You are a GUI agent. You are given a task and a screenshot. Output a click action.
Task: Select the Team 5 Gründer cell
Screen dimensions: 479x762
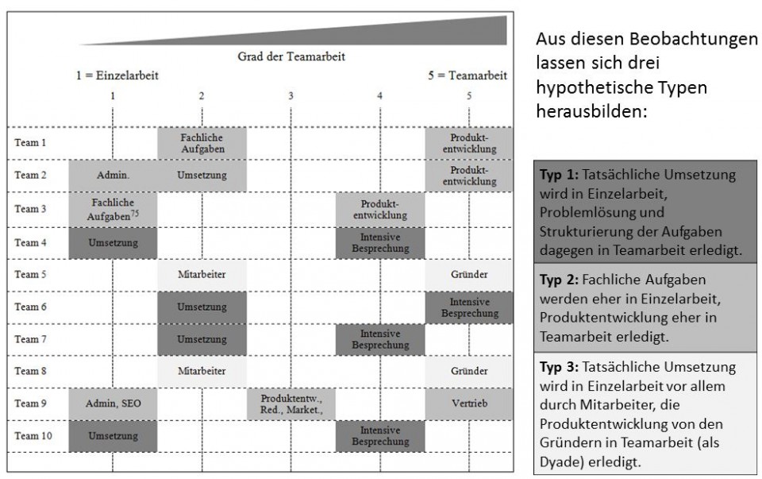click(x=468, y=273)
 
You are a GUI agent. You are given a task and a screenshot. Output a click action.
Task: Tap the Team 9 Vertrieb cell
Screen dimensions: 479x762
click(x=468, y=404)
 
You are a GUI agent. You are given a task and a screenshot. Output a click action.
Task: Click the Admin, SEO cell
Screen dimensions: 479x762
click(x=114, y=404)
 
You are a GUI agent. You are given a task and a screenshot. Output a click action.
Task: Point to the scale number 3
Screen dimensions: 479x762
click(x=291, y=95)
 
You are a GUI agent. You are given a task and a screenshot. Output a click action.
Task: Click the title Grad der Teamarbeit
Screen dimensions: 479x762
click(x=291, y=57)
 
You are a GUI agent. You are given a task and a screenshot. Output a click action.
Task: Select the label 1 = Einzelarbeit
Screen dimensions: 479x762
click(x=116, y=75)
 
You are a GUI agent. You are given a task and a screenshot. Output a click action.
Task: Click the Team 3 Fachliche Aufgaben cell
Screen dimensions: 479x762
click(x=114, y=208)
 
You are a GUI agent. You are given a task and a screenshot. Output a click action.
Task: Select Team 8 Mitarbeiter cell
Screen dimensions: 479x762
click(x=202, y=371)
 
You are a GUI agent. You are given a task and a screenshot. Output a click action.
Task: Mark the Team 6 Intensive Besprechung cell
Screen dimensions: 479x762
click(x=468, y=307)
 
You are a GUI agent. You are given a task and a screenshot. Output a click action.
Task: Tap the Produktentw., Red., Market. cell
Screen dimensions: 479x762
click(x=291, y=404)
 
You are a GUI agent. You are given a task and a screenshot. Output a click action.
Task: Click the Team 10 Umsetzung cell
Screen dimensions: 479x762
click(x=114, y=436)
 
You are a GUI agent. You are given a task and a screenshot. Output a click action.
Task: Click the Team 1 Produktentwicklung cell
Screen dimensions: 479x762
click(x=468, y=143)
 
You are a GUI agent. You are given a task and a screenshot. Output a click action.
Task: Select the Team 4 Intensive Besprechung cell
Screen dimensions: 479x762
click(x=379, y=241)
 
